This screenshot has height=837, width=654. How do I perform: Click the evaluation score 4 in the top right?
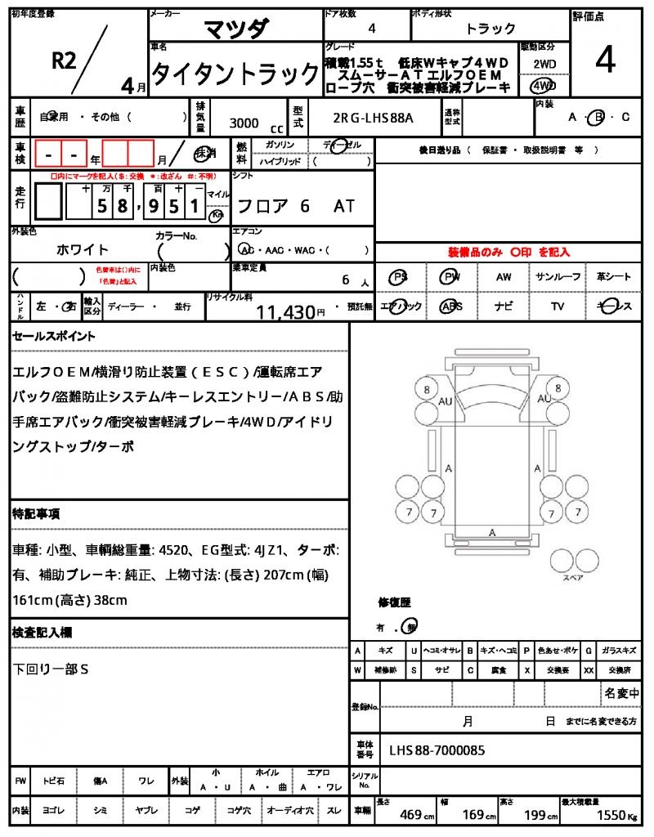click(x=605, y=60)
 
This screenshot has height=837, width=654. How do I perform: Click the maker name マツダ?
click(x=235, y=29)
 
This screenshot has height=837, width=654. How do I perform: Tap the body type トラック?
click(x=490, y=29)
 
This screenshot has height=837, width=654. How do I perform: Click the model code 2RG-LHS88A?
click(x=373, y=118)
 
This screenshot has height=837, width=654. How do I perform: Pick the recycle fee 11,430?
click(x=286, y=311)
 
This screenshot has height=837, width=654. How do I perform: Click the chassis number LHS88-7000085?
click(x=437, y=750)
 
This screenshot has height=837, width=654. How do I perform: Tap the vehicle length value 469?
click(x=411, y=815)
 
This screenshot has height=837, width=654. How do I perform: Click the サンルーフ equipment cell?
click(x=558, y=277)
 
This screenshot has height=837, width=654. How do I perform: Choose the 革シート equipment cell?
click(x=613, y=277)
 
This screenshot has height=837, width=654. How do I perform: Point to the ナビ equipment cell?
click(x=504, y=306)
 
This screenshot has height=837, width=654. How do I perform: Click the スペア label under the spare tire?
click(x=572, y=577)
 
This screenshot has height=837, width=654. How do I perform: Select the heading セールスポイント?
click(x=54, y=336)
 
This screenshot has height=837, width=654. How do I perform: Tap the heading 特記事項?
click(x=36, y=514)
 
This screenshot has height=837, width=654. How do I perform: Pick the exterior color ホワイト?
click(x=83, y=249)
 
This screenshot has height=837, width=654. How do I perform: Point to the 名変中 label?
click(x=621, y=693)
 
